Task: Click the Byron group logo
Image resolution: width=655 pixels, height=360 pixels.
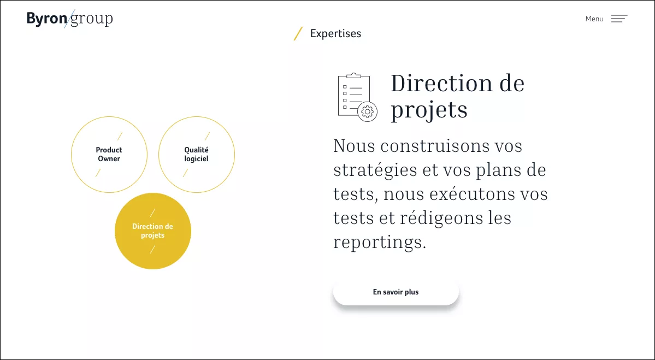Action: click(70, 19)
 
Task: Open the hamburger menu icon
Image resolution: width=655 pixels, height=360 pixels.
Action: click(619, 19)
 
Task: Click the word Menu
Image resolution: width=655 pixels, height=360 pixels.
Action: click(594, 19)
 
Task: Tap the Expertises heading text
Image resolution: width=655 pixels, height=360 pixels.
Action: click(335, 33)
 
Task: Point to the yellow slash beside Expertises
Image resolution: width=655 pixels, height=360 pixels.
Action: click(298, 33)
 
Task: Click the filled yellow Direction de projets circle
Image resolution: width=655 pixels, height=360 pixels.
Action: click(153, 231)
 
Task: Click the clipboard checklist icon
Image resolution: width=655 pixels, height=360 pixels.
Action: click(358, 97)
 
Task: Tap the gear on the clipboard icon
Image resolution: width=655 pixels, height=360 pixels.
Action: click(368, 112)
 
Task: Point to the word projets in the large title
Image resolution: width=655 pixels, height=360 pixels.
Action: click(429, 110)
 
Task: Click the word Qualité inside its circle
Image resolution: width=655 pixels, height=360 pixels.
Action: click(196, 150)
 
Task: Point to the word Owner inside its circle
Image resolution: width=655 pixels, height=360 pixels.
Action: click(109, 159)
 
